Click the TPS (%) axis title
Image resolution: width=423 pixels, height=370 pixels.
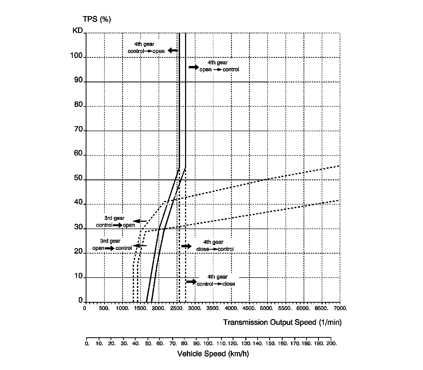coord(97,20)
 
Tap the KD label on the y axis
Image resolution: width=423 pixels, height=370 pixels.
coord(77,31)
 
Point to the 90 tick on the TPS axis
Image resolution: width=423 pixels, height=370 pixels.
coord(79,80)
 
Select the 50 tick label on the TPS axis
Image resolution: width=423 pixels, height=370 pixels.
coord(79,178)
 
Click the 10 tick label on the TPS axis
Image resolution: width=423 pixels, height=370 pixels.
coord(79,276)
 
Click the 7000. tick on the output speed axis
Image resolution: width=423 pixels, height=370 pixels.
coord(340,308)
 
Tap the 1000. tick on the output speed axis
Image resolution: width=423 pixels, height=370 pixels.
coord(122,308)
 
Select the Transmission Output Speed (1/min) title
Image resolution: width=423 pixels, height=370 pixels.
coord(282,322)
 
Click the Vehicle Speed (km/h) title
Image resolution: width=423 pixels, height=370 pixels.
coord(213,354)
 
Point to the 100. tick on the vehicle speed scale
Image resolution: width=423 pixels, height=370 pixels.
coord(208,344)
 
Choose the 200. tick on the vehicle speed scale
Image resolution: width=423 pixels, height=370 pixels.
coord(331,344)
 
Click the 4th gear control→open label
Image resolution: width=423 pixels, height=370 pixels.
coord(146,48)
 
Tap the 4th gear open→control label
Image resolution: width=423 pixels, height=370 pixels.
coord(219,66)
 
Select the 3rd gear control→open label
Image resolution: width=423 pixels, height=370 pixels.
coord(115,222)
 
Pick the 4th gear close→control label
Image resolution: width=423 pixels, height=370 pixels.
coord(215,245)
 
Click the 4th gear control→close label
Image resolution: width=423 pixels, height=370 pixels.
coord(216,280)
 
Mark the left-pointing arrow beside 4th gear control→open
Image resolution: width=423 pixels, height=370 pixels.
coord(173,50)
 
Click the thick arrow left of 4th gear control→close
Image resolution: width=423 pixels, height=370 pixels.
coord(191,282)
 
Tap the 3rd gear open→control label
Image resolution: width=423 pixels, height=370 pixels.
coord(112,245)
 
